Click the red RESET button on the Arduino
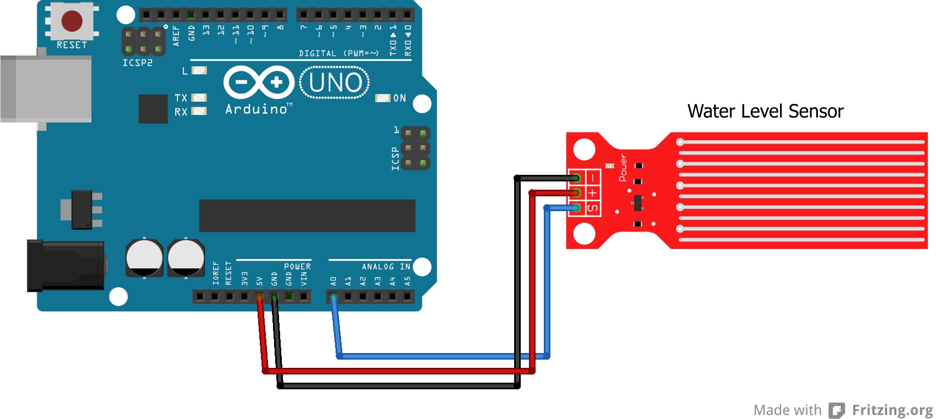coord(72,21)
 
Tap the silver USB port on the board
coord(46,88)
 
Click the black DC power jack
coord(65,265)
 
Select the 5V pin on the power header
coord(259,297)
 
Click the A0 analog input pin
coord(333,297)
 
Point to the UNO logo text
coord(335,82)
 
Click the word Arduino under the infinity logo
coord(257,109)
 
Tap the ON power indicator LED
coord(382,98)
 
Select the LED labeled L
coord(199,70)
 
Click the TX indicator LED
coord(199,97)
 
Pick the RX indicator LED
coord(199,111)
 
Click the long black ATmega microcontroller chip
coord(307,216)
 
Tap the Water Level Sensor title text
coord(765,111)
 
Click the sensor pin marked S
coord(576,208)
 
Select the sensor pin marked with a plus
coord(576,193)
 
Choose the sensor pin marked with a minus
coord(576,178)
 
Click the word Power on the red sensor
coord(623,168)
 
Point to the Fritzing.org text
coord(892,410)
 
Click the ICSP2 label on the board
coord(137,63)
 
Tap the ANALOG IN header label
coord(386,267)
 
